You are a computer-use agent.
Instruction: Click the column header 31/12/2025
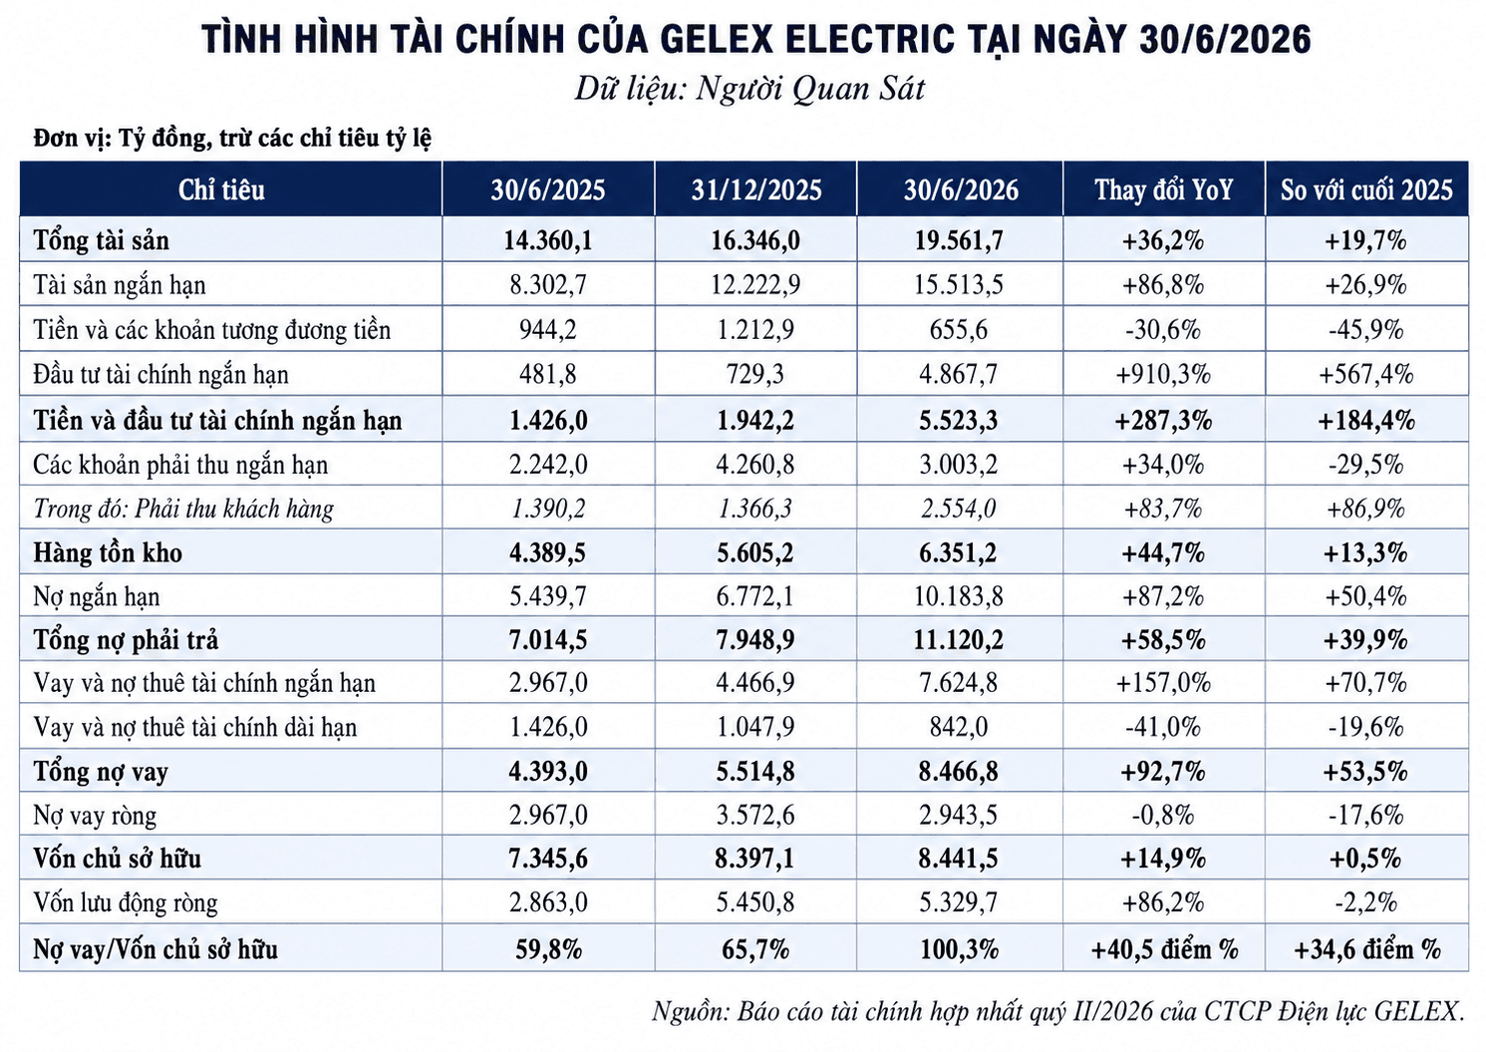[x=756, y=190]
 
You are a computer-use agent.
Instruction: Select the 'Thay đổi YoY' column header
[x=1164, y=190]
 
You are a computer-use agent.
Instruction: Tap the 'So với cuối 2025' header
[x=1366, y=190]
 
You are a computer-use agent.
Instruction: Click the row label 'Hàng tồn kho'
[x=108, y=552]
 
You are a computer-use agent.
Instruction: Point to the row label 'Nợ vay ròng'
[x=95, y=815]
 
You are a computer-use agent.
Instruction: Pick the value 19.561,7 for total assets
[x=959, y=240]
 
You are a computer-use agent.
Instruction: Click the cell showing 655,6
[x=959, y=329]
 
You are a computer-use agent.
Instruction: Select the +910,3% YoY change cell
[x=1164, y=375]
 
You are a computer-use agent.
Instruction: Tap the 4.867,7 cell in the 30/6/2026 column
[x=959, y=375]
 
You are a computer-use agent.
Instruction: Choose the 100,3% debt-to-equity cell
[x=959, y=949]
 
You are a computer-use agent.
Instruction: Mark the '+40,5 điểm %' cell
[x=1164, y=949]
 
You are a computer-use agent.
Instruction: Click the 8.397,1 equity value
[x=755, y=859]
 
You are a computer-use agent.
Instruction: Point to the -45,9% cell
[x=1366, y=329]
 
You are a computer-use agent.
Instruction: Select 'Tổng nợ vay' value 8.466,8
[x=959, y=771]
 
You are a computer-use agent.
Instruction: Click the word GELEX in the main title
[x=717, y=39]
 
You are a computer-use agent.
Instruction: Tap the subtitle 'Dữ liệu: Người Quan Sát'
[x=749, y=89]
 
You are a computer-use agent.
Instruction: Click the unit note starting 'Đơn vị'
[x=232, y=138]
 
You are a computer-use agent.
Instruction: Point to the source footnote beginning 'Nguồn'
[x=1058, y=1011]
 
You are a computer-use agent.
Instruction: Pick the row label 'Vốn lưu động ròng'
[x=126, y=902]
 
